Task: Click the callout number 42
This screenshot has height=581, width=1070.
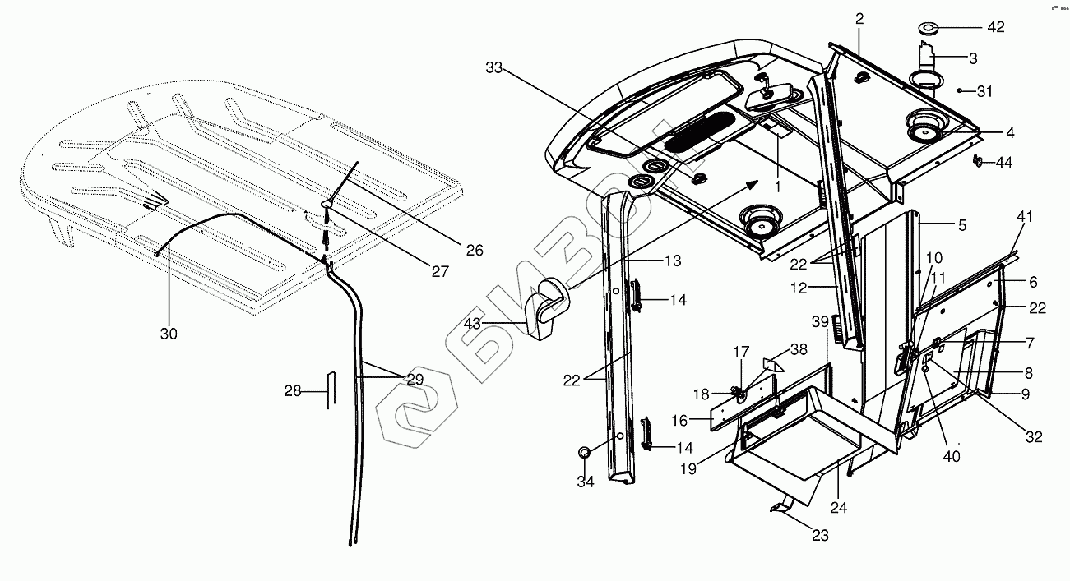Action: [x=995, y=27]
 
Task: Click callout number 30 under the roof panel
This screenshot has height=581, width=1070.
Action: [x=169, y=334]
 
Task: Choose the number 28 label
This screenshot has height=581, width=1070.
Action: [x=293, y=390]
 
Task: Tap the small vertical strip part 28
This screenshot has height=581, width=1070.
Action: [x=332, y=390]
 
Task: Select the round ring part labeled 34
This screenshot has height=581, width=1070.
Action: [x=585, y=453]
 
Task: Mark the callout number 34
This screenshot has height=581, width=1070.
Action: [x=585, y=482]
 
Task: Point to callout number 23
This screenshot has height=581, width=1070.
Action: [x=820, y=535]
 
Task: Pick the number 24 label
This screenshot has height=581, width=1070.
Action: [x=838, y=507]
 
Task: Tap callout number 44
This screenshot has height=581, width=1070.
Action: [x=1003, y=163]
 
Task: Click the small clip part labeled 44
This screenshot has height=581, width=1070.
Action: [x=979, y=161]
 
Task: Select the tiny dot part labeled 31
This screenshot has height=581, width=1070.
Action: [x=961, y=90]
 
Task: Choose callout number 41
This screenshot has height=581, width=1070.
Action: [x=1024, y=217]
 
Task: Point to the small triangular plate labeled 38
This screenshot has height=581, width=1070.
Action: [x=772, y=362]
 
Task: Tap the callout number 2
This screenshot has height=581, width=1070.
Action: [x=859, y=19]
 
